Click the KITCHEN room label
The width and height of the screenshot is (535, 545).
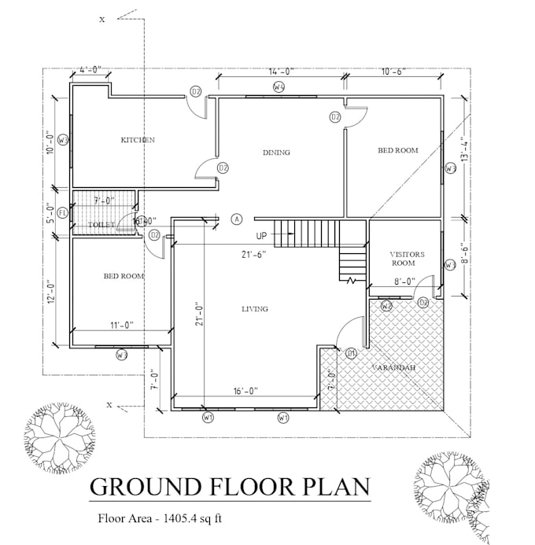click(138, 140)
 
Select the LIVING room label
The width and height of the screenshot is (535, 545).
click(254, 309)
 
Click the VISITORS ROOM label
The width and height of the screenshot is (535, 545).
click(408, 259)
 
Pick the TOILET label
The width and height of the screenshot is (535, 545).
click(101, 225)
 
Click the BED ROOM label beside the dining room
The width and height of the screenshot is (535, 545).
click(397, 150)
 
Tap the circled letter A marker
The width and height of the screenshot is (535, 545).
click(237, 219)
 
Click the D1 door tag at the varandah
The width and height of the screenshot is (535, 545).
click(351, 352)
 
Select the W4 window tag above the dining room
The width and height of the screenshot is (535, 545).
click(279, 87)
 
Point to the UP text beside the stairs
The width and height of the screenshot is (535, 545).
click(261, 236)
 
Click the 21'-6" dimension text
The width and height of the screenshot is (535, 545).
click(253, 254)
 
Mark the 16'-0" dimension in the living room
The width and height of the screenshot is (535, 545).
click(245, 390)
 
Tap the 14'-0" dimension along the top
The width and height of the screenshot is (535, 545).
click(281, 72)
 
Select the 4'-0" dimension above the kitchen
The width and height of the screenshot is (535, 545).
click(90, 70)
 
